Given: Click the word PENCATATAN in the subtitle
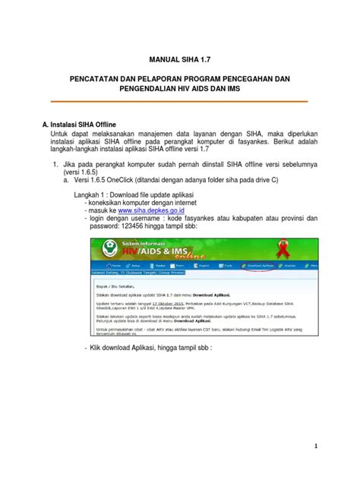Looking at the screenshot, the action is click(100, 79).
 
